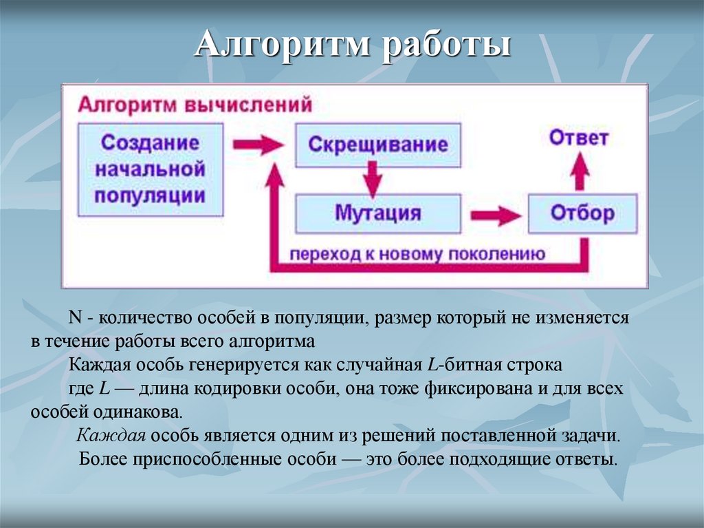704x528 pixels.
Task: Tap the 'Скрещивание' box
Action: (377, 145)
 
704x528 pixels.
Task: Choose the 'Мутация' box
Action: (377, 213)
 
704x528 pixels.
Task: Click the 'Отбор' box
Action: (582, 213)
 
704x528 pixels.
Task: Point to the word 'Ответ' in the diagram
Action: (579, 138)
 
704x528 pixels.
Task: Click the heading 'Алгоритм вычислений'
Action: (195, 105)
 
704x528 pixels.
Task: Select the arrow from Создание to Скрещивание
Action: (258, 145)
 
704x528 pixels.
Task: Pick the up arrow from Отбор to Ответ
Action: (581, 171)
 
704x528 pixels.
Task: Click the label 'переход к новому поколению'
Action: (417, 254)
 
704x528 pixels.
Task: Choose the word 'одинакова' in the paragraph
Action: (144, 412)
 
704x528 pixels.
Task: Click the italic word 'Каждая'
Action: (111, 436)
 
